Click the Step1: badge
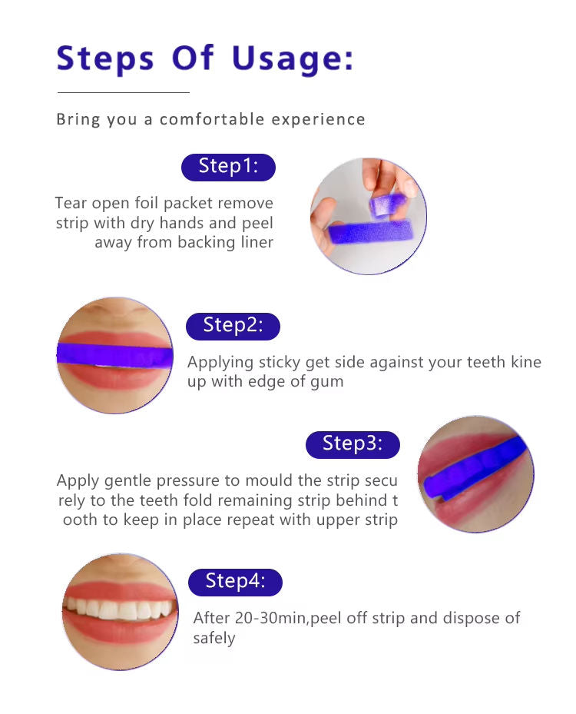point(228,167)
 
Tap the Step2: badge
point(233,326)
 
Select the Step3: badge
point(353,444)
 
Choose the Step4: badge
point(235,582)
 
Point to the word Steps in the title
point(106,59)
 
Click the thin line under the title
point(123,92)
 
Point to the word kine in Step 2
point(525,362)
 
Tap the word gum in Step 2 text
point(326,381)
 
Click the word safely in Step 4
point(214,639)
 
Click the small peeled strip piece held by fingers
point(387,204)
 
